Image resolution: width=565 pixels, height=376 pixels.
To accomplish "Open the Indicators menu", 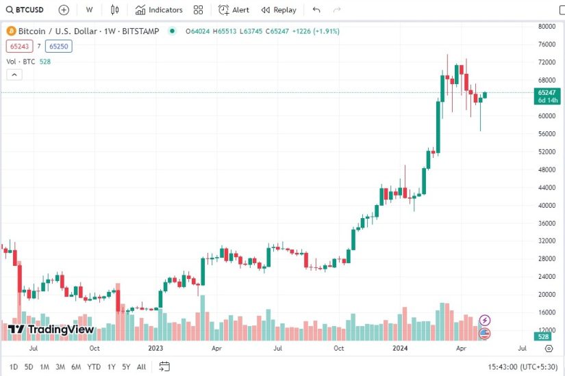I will [159, 10].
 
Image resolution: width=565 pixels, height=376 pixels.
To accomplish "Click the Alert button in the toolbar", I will [234, 10].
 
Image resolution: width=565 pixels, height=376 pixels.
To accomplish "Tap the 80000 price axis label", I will [546, 27].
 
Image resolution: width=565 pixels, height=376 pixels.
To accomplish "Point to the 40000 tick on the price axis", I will [546, 205].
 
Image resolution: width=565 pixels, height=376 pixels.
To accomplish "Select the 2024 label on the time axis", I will [400, 348].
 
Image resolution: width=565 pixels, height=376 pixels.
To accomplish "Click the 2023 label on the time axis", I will [156, 348].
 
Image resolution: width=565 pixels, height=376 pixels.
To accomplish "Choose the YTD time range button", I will [94, 367].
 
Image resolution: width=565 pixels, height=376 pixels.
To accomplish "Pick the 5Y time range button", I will [126, 367].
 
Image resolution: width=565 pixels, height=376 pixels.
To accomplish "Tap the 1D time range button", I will [14, 367].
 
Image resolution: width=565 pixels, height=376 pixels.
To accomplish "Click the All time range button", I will [141, 367].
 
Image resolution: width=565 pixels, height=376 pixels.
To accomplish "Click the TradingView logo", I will [51, 330].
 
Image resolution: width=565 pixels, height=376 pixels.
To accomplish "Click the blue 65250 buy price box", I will [58, 46].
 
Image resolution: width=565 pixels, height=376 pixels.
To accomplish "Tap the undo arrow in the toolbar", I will [316, 10].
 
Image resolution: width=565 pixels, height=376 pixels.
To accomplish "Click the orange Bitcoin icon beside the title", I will [10, 31].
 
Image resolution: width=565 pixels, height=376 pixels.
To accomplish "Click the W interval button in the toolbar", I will [89, 10].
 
